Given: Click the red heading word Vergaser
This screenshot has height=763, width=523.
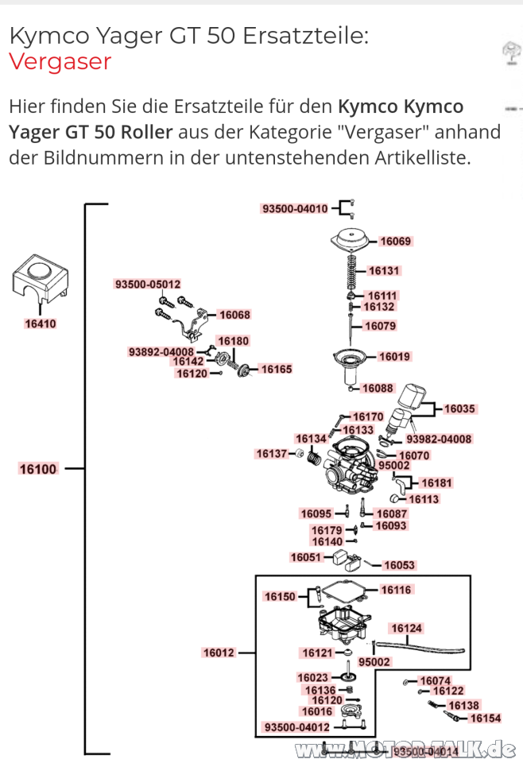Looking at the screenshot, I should coord(60,61).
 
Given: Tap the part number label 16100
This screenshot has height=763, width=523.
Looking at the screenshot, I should coord(38,469).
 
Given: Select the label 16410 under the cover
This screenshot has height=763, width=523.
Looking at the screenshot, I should coord(40,323).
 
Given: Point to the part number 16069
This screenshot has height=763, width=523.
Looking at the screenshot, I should coord(395,241).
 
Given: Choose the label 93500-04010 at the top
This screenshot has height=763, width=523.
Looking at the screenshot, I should coord(294,209).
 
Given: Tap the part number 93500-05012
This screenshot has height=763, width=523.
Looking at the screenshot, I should coord(148,284).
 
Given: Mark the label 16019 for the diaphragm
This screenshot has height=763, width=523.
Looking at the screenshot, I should coord(394,357).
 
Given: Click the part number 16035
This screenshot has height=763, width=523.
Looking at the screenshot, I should coord(459,409).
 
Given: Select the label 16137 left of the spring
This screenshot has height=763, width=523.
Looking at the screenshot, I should coord(271,454).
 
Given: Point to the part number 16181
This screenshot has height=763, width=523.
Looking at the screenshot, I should coord(436,482).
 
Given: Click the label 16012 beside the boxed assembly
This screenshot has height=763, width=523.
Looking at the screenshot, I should coord(219,653).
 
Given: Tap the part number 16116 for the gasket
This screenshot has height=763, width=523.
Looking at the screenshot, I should coord(396,590).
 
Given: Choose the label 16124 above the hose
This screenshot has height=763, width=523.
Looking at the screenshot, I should coord(407,629).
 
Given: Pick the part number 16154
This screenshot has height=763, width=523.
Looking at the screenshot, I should coord(486,718).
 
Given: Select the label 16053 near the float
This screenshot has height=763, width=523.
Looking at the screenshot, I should coord(399,565).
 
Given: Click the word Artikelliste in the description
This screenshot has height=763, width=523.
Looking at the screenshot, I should coord(421,157).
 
